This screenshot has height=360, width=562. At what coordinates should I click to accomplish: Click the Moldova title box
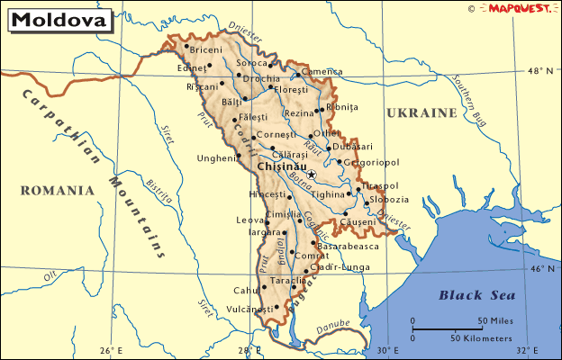pos(58,19)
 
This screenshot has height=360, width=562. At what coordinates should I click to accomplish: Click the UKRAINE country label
pos(421,113)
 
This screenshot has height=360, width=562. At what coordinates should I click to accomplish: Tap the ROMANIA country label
pos(58,190)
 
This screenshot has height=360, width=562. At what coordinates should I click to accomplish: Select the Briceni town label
pos(206,50)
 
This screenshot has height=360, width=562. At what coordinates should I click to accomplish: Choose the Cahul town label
pos(246,290)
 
